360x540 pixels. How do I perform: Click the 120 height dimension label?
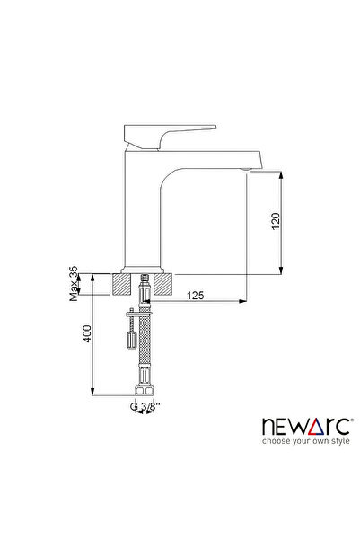tap(277, 219)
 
